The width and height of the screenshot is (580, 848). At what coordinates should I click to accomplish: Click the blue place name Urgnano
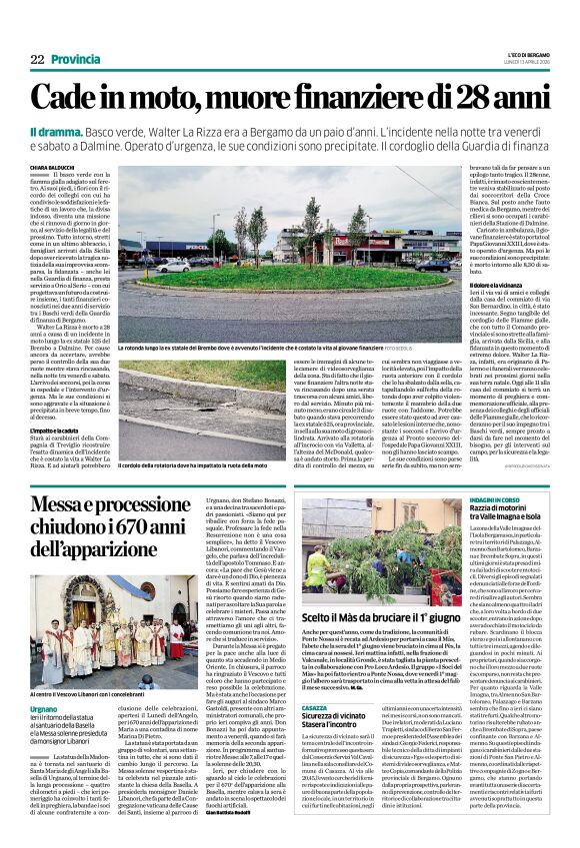(45, 682)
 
